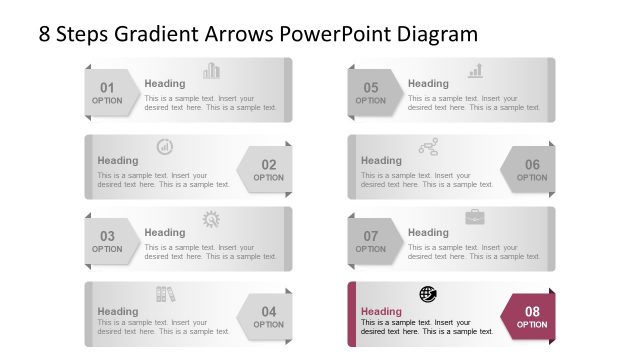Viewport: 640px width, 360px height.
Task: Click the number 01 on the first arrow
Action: tap(107, 87)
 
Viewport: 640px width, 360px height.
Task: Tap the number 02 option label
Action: tap(268, 164)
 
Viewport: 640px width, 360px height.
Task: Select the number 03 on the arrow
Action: tap(107, 237)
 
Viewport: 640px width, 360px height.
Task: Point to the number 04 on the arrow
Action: tap(268, 312)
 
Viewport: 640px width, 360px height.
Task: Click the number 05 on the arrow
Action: tap(371, 87)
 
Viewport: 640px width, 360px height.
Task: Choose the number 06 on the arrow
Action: tap(532, 164)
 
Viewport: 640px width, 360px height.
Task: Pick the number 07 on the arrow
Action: tap(371, 237)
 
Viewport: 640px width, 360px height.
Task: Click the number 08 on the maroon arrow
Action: tap(532, 312)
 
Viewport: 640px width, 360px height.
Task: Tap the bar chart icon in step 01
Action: tap(212, 70)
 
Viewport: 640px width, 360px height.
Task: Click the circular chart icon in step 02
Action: tap(165, 147)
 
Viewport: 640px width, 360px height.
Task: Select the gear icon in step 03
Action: tap(212, 219)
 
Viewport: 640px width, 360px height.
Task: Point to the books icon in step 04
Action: tap(165, 294)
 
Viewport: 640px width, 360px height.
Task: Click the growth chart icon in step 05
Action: tap(476, 70)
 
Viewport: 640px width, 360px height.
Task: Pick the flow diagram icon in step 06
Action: tap(428, 147)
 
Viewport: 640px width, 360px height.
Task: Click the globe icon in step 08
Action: tap(428, 294)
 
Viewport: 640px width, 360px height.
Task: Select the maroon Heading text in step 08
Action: tap(381, 311)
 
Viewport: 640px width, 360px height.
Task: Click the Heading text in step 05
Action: tap(428, 84)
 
